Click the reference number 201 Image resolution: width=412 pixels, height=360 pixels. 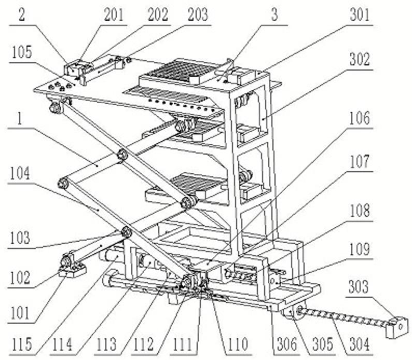click(x=114, y=15)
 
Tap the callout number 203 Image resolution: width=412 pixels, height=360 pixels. click(x=197, y=15)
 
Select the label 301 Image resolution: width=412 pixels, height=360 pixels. click(x=360, y=15)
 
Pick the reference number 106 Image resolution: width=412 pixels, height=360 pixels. click(x=360, y=119)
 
